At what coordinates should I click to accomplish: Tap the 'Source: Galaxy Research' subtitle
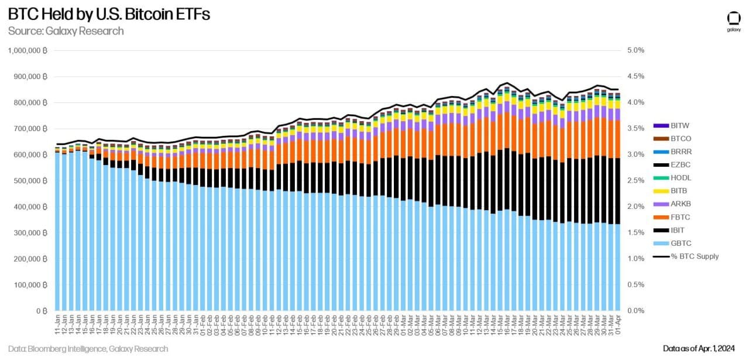click(x=66, y=31)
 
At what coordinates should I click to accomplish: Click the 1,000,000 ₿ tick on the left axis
click(x=28, y=50)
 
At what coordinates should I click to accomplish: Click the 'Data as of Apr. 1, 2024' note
click(x=701, y=349)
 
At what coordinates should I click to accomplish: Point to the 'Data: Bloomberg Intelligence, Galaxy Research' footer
click(x=88, y=349)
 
